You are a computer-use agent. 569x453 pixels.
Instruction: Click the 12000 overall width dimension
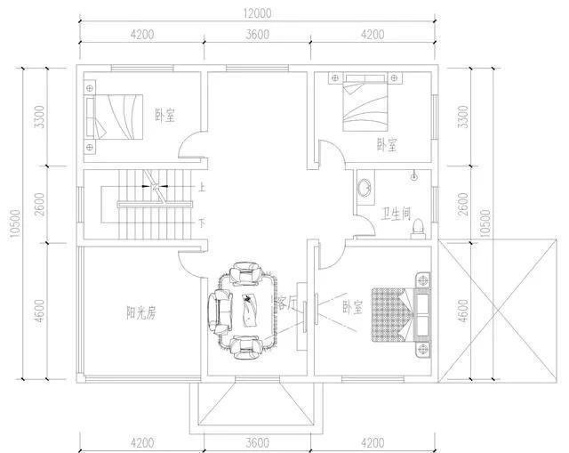click(257, 14)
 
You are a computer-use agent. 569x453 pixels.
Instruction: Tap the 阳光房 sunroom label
click(141, 312)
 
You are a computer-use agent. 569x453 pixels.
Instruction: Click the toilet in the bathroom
click(418, 229)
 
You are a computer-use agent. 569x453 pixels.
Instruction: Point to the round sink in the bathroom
click(365, 188)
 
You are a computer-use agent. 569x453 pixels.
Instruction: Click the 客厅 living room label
click(286, 303)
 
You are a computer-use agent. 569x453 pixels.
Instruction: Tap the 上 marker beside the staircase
click(201, 187)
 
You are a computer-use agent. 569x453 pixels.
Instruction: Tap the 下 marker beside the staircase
click(202, 222)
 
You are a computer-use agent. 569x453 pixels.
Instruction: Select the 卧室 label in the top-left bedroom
click(165, 115)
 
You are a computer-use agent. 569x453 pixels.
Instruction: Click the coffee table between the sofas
click(250, 310)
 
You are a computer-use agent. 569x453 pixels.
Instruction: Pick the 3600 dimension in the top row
click(257, 35)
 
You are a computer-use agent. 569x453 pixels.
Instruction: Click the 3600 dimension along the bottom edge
click(257, 443)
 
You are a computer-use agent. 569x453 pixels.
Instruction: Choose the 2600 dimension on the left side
click(40, 204)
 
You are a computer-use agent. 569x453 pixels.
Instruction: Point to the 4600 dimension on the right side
click(462, 311)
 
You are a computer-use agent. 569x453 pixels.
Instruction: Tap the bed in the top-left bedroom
click(115, 117)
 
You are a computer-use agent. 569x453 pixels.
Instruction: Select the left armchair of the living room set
click(220, 311)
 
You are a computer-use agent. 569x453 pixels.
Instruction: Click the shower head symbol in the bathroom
click(414, 176)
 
